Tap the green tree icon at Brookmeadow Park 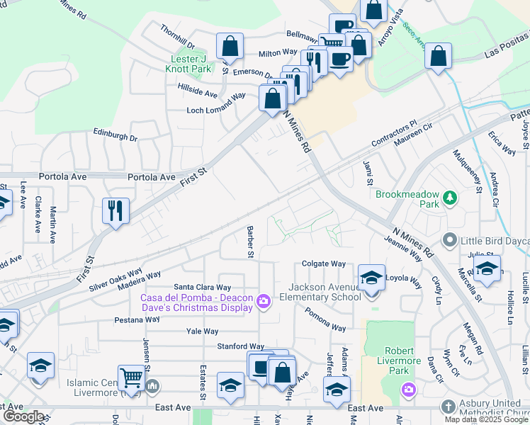448,198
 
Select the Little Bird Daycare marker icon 449,241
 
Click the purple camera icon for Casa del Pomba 264,302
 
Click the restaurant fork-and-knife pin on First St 115,210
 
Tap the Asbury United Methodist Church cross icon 448,407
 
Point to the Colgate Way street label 323,263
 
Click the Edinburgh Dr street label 115,135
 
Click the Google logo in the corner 23,416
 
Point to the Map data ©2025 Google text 486,419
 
